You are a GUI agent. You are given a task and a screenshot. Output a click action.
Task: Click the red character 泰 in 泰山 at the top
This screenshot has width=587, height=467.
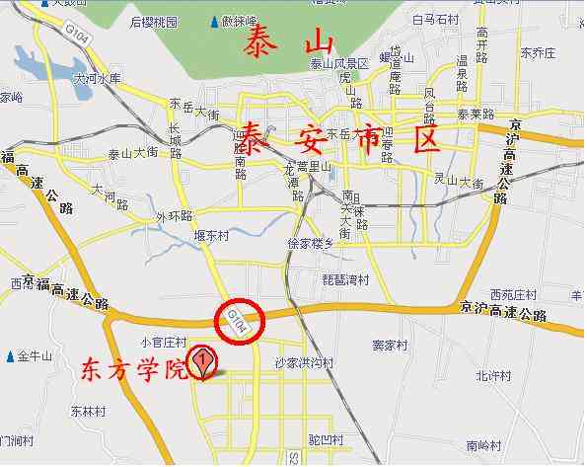264,44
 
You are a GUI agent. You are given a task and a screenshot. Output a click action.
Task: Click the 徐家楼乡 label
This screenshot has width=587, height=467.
311,243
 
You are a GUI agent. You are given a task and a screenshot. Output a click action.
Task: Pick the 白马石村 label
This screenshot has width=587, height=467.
436,20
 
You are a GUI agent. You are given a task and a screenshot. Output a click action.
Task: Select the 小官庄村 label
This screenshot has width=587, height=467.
164,342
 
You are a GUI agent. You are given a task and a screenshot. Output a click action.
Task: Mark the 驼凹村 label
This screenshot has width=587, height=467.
325,436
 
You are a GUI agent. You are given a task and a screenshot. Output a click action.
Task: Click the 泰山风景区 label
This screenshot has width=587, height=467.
338,64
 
